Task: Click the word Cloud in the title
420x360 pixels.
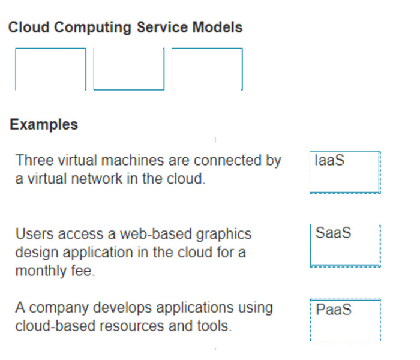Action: click(x=29, y=27)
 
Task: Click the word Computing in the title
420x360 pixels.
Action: click(x=93, y=28)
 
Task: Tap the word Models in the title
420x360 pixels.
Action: click(x=217, y=27)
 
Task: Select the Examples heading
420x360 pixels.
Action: click(x=44, y=125)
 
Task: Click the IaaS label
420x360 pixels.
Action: click(x=329, y=160)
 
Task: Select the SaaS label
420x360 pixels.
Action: click(x=333, y=233)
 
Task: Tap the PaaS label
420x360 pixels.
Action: click(x=334, y=310)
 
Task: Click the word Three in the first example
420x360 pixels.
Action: click(x=35, y=160)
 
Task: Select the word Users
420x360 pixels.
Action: click(x=35, y=233)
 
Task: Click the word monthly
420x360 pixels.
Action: click(x=41, y=271)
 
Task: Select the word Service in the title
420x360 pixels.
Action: click(x=162, y=27)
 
